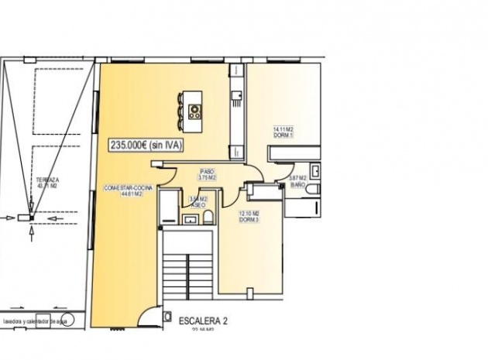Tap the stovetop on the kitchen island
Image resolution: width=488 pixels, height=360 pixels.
click(x=194, y=110)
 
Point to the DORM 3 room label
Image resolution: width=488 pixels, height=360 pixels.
click(x=249, y=219)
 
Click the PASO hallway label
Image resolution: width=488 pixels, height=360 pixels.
click(x=207, y=171)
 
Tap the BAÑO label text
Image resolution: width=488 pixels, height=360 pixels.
click(x=297, y=183)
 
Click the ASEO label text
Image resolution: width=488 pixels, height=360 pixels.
click(x=197, y=205)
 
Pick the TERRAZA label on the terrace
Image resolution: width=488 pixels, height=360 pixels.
click(x=48, y=180)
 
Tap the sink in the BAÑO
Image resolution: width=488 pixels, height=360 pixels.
click(x=316, y=171)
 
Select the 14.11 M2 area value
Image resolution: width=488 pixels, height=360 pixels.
click(x=283, y=129)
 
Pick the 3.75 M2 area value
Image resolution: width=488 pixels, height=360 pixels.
click(x=207, y=177)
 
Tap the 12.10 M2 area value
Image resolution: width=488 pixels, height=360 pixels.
click(x=249, y=213)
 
